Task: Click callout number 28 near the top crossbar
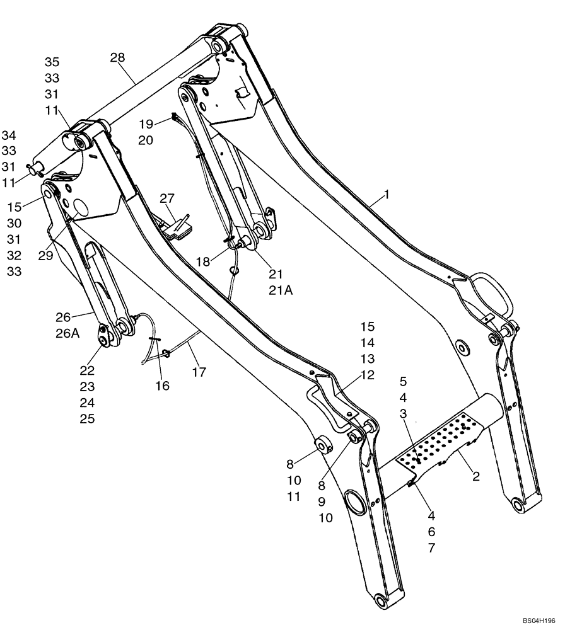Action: tap(117, 57)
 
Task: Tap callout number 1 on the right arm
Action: tap(386, 195)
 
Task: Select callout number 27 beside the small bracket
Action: tap(166, 199)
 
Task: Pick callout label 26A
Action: tap(67, 333)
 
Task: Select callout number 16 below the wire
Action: tap(163, 385)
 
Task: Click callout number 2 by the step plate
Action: tap(476, 476)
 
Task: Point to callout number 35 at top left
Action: tap(52, 62)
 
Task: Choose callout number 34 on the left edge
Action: tap(9, 135)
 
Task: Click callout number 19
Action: tap(146, 123)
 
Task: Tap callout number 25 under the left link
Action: tap(87, 418)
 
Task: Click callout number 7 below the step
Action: tap(431, 547)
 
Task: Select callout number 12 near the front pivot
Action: tap(367, 375)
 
